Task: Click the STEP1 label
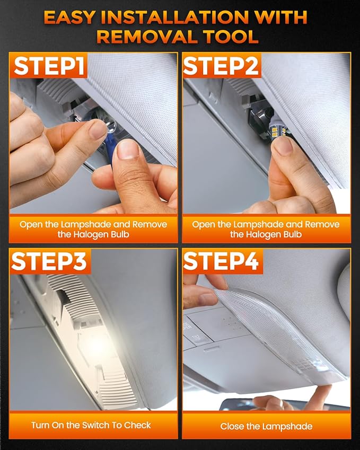pyautogui.click(x=49, y=66)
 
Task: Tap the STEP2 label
pyautogui.click(x=221, y=66)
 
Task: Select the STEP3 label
pyautogui.click(x=49, y=261)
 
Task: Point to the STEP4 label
pyautogui.click(x=221, y=261)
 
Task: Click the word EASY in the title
pyautogui.click(x=69, y=18)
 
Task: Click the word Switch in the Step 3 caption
pyautogui.click(x=96, y=425)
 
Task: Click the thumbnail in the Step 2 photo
pyautogui.click(x=283, y=147)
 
